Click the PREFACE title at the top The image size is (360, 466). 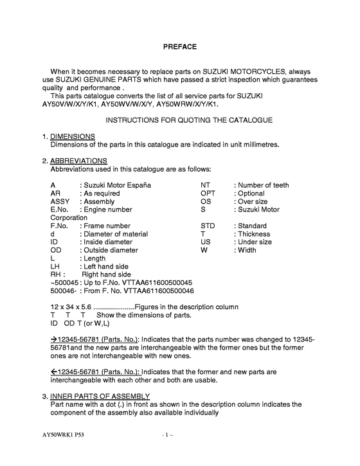[x=179, y=46]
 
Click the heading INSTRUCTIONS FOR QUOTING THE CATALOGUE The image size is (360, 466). [x=180, y=120]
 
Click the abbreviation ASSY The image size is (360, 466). [x=59, y=201]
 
